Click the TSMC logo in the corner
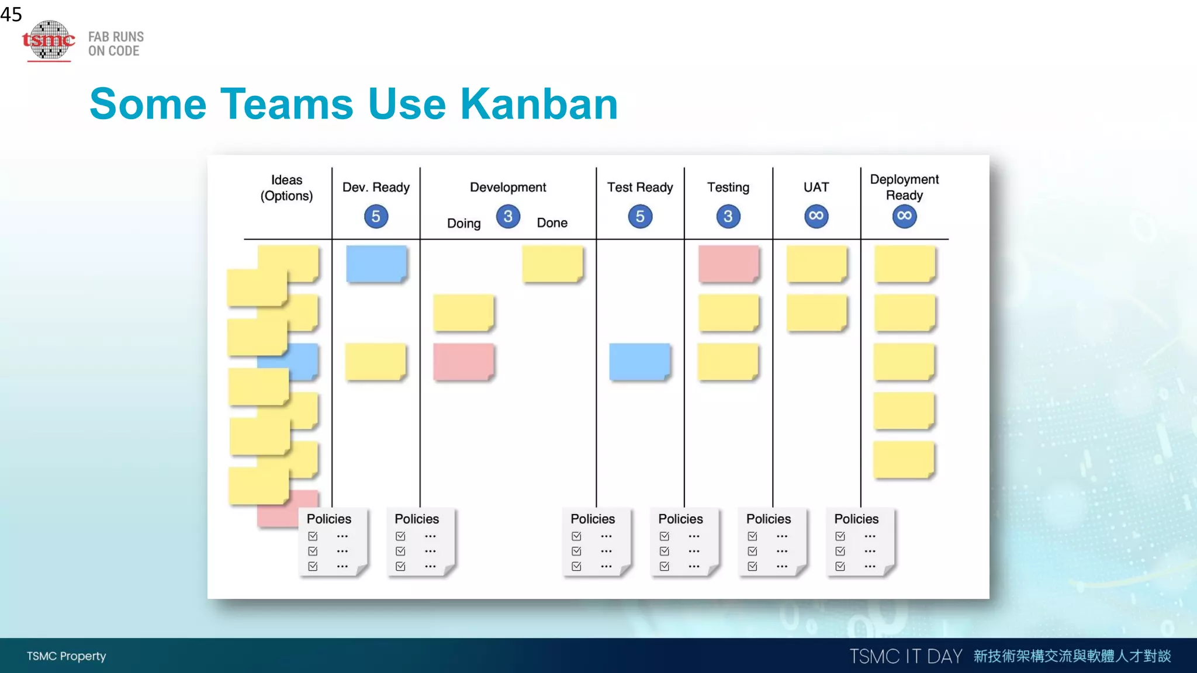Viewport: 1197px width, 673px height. click(x=49, y=40)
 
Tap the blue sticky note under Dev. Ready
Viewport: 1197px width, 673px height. click(x=376, y=263)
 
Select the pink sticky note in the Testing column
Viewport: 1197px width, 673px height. click(x=728, y=263)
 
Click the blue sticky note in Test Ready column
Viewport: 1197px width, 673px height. click(x=639, y=362)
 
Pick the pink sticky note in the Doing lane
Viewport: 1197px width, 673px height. click(x=463, y=362)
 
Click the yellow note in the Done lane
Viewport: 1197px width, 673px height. click(x=552, y=263)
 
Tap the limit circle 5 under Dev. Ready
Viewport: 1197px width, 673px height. click(x=376, y=217)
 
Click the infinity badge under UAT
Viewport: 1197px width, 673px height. click(x=816, y=216)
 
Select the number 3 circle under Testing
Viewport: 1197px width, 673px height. click(x=728, y=217)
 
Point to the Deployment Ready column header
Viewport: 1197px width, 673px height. click(x=904, y=187)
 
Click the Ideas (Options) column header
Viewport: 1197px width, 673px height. click(x=286, y=188)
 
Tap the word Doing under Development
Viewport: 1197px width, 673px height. click(x=463, y=223)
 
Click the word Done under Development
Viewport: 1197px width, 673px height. click(x=552, y=223)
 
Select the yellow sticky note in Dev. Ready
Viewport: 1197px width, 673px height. click(x=375, y=362)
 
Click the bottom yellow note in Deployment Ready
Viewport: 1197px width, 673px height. click(x=904, y=459)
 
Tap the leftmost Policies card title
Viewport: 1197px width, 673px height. click(x=328, y=519)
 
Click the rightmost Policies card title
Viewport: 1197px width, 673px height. click(x=856, y=519)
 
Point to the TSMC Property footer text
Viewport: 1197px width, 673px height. click(x=66, y=656)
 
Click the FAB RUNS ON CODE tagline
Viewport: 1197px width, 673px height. click(x=116, y=44)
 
